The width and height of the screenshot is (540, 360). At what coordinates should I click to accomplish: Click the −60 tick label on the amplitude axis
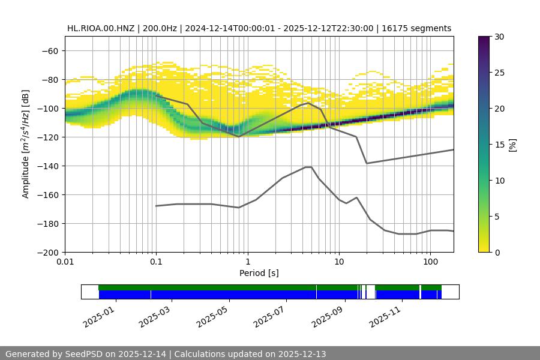[49, 50]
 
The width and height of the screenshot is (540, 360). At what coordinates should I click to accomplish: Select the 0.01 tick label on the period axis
[65, 262]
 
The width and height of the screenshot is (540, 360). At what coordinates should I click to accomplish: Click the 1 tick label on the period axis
[247, 262]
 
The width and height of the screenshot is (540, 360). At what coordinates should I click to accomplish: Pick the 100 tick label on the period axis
[430, 262]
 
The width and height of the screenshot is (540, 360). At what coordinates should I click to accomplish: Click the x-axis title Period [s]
[259, 273]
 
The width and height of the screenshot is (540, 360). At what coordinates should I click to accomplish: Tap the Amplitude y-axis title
[26, 144]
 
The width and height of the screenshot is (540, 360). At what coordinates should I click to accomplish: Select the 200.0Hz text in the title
[160, 28]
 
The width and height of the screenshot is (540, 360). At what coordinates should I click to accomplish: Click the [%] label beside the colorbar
[512, 145]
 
